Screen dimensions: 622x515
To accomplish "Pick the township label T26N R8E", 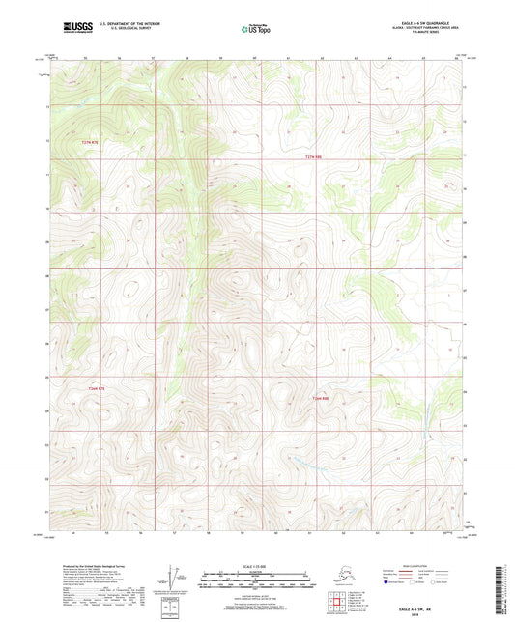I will (x=321, y=397).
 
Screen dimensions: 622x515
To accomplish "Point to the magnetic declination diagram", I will (x=174, y=576).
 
